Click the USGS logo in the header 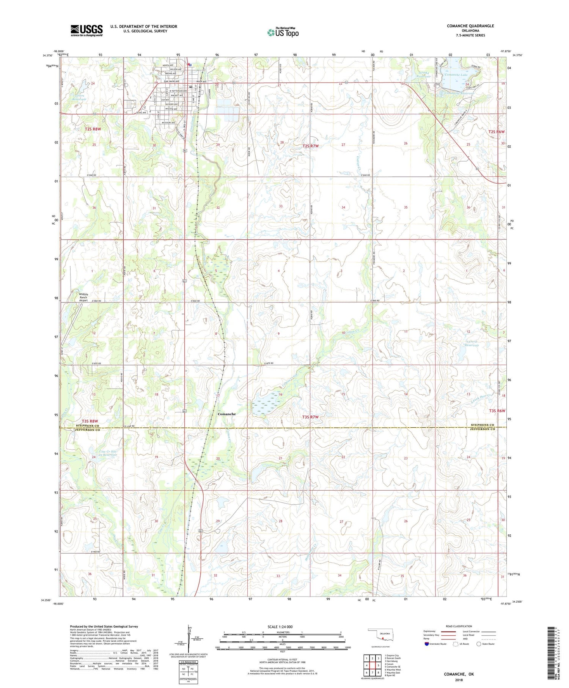pos(86,30)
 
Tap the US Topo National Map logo pos(283,32)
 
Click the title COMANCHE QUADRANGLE pos(470,26)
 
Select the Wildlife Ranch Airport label pos(83,297)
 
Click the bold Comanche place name pos(226,414)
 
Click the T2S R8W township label pos(93,129)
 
